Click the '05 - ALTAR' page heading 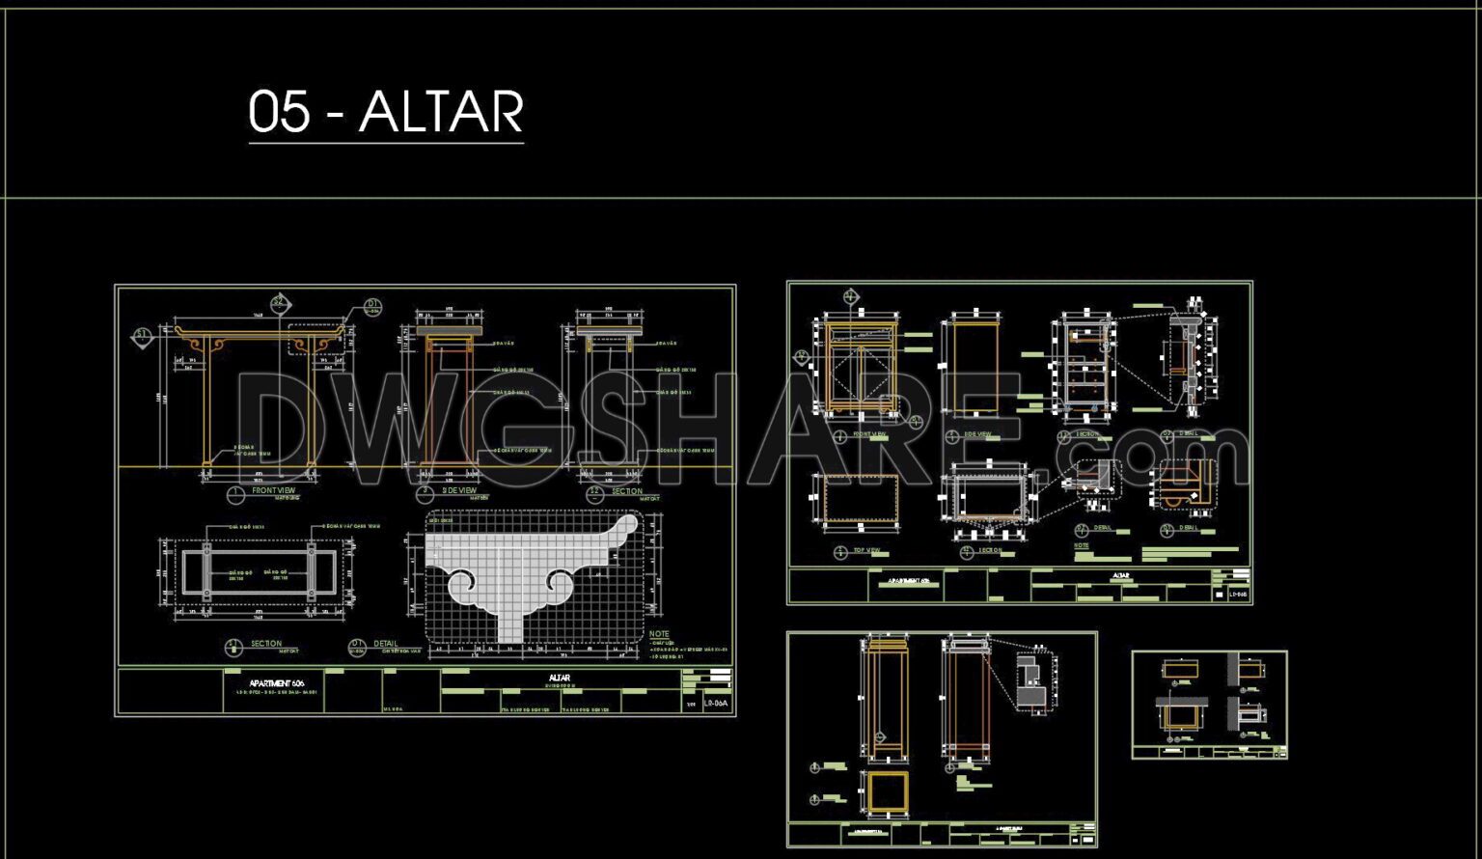(386, 112)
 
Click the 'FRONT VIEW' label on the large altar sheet (274, 490)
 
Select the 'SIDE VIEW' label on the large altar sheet (459, 490)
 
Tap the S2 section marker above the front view (280, 302)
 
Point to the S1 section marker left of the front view (142, 336)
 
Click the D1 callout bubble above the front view (374, 307)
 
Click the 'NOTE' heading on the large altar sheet (659, 634)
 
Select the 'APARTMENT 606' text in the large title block (277, 682)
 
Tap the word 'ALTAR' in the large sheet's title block (560, 678)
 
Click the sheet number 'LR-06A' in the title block (716, 705)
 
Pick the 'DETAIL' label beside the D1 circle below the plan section (385, 643)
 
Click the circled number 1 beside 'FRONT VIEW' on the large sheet (235, 494)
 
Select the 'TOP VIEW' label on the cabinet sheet (866, 550)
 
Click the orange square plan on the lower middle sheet (888, 791)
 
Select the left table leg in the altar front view (206, 405)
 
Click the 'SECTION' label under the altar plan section (266, 643)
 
